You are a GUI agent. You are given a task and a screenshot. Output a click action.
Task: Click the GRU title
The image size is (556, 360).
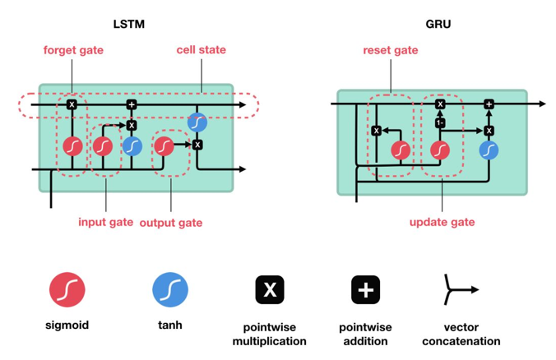(438, 23)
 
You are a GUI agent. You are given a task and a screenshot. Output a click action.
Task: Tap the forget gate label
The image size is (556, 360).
(73, 50)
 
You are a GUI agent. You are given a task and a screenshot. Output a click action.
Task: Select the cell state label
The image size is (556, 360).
(201, 50)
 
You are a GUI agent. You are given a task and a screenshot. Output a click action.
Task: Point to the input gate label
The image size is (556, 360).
(105, 222)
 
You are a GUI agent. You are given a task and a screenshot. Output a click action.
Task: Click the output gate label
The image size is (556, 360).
(171, 222)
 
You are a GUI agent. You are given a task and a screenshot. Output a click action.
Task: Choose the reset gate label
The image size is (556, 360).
(391, 50)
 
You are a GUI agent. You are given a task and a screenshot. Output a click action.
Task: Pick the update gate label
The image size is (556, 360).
(442, 222)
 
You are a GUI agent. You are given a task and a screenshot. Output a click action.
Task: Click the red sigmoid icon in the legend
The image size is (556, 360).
(67, 289)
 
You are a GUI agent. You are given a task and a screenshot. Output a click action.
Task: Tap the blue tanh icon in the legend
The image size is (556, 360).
(170, 289)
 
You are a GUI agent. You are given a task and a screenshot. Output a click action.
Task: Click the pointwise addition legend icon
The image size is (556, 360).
(366, 289)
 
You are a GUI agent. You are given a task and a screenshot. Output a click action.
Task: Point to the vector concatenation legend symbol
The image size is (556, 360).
(460, 289)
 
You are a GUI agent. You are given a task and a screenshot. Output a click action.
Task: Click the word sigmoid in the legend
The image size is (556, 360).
(67, 325)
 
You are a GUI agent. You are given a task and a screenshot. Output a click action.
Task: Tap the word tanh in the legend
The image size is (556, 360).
(170, 325)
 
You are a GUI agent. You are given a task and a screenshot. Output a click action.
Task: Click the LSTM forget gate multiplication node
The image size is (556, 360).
(72, 104)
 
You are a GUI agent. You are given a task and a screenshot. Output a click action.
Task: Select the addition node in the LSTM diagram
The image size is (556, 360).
(131, 104)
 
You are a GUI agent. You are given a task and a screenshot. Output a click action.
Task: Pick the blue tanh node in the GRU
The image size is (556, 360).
(489, 150)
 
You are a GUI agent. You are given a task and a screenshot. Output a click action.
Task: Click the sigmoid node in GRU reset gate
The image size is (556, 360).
(401, 150)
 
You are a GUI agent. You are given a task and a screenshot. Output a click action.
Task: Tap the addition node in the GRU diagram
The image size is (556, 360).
(489, 104)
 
